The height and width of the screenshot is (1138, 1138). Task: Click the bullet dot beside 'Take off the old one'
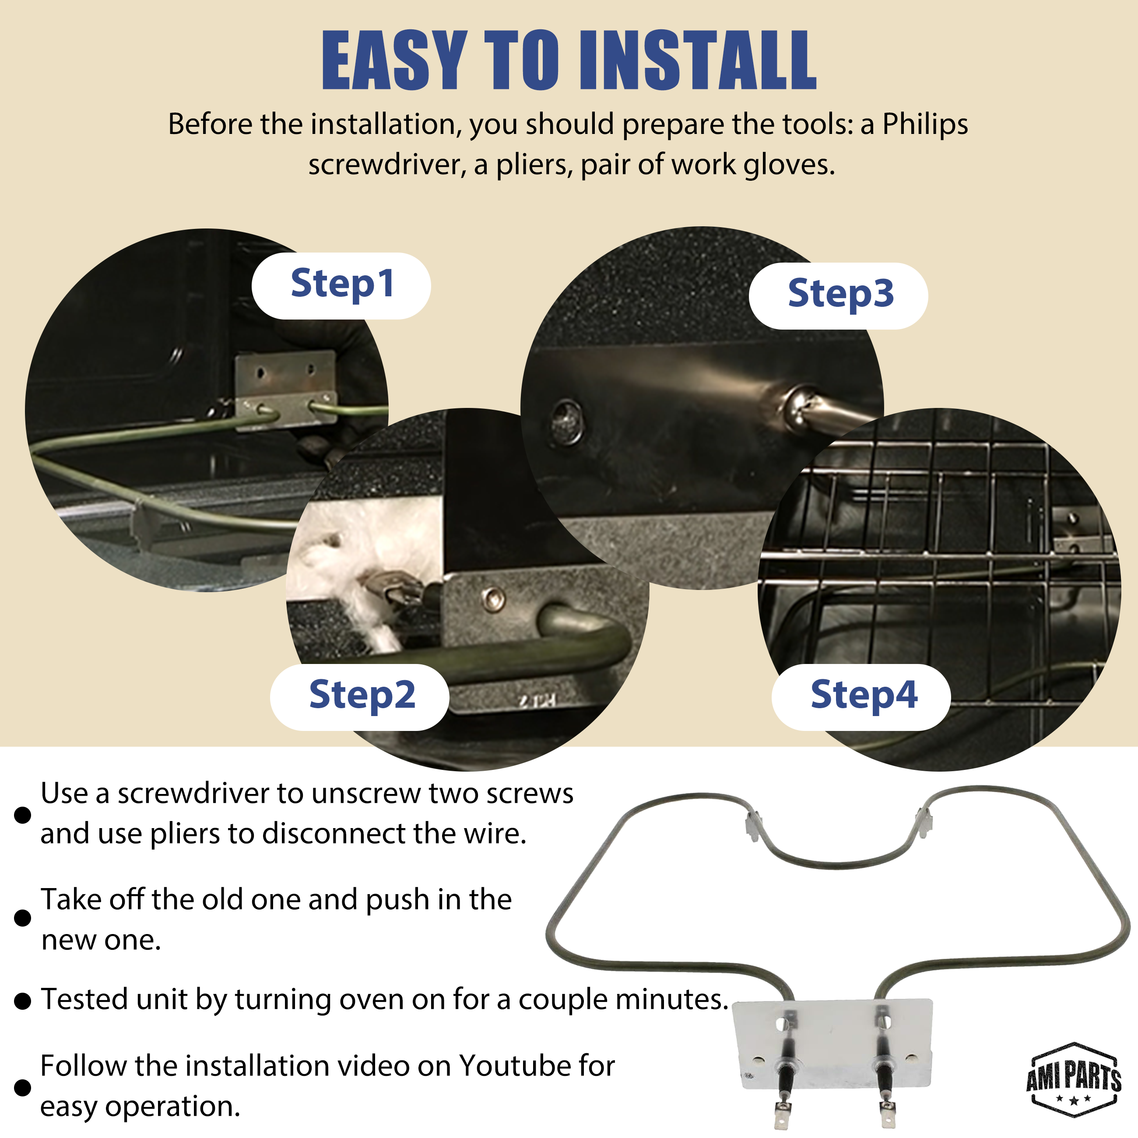22,918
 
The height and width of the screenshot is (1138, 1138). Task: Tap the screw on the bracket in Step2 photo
492,600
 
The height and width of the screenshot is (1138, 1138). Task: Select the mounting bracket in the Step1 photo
286,390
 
